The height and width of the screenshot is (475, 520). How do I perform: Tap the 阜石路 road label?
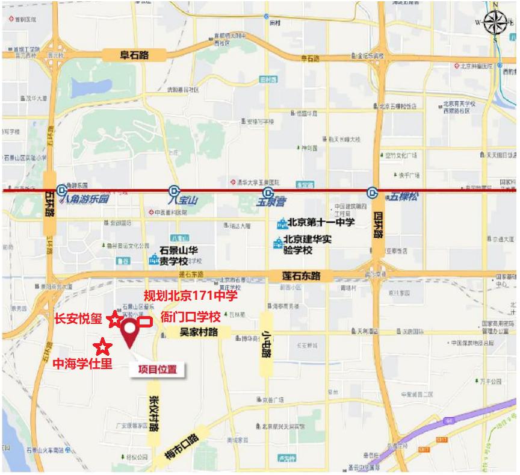click(x=134, y=55)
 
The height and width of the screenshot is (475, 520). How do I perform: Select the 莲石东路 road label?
click(x=301, y=276)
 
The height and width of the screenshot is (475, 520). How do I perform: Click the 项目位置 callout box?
click(x=158, y=370)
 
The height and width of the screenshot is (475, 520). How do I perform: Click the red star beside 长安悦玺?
click(x=114, y=320)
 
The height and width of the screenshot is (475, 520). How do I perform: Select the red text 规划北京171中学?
click(x=190, y=296)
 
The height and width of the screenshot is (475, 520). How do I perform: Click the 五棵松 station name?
click(x=403, y=196)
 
